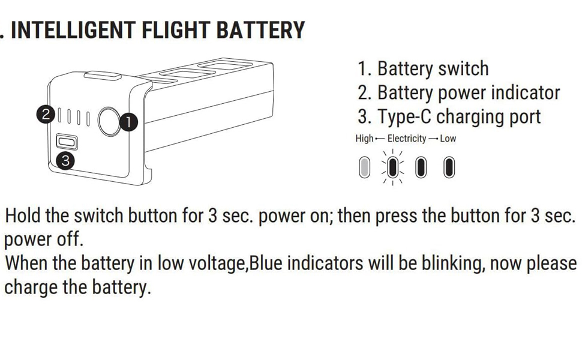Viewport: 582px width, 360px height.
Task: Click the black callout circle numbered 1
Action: [x=129, y=122]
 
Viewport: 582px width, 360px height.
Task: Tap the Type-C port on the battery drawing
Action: [x=66, y=143]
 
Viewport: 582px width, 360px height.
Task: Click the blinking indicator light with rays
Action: [x=393, y=168]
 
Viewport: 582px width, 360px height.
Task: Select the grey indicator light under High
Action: [x=364, y=168]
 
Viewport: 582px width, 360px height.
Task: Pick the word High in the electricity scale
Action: [x=364, y=139]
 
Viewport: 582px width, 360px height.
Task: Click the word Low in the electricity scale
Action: [x=448, y=139]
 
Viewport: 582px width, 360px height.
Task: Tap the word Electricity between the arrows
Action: [x=407, y=139]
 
